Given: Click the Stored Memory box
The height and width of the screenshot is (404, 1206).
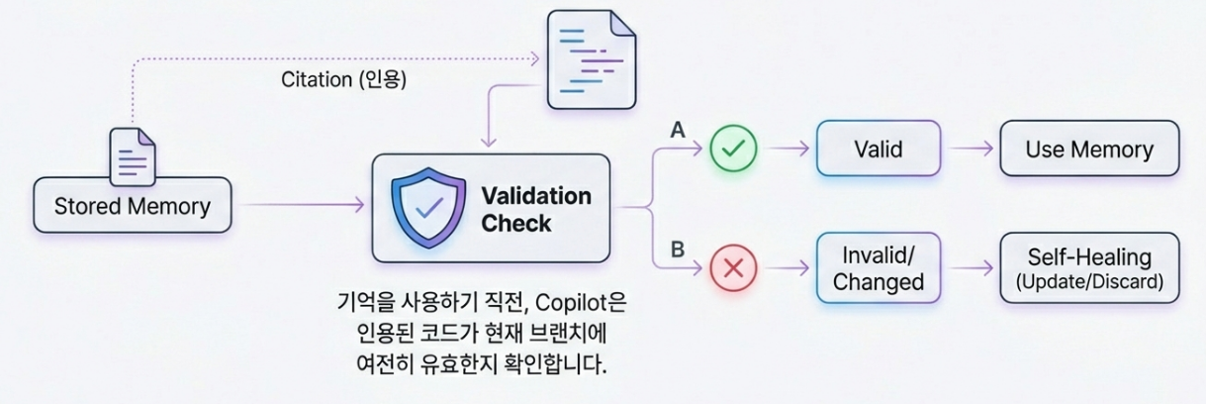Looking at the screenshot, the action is [x=132, y=206].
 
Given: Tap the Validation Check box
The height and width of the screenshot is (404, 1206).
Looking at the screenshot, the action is [x=491, y=208].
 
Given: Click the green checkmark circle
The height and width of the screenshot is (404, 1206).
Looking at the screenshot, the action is [x=733, y=150].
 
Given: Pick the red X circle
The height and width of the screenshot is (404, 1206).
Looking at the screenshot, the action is [x=733, y=267].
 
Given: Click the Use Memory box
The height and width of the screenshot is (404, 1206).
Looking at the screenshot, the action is [x=1089, y=150].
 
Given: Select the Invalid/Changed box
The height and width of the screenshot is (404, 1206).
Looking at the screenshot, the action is [x=878, y=267].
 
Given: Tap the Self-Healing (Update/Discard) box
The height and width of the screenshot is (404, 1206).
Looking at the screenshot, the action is [x=1089, y=267].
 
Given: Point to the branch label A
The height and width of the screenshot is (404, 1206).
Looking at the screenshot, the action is [x=678, y=130].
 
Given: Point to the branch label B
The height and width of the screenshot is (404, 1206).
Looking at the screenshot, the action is [x=678, y=249].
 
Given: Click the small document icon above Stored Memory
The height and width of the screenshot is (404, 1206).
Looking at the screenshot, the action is [x=133, y=155].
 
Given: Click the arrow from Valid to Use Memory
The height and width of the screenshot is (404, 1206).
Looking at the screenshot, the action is [x=971, y=150].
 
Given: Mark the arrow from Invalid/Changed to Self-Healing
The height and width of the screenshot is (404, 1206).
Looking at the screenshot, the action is [x=971, y=267].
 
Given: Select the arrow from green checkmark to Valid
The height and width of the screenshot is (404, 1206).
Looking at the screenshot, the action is [x=788, y=150].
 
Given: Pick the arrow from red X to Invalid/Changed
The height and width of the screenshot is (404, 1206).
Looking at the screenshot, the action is [x=788, y=267].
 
